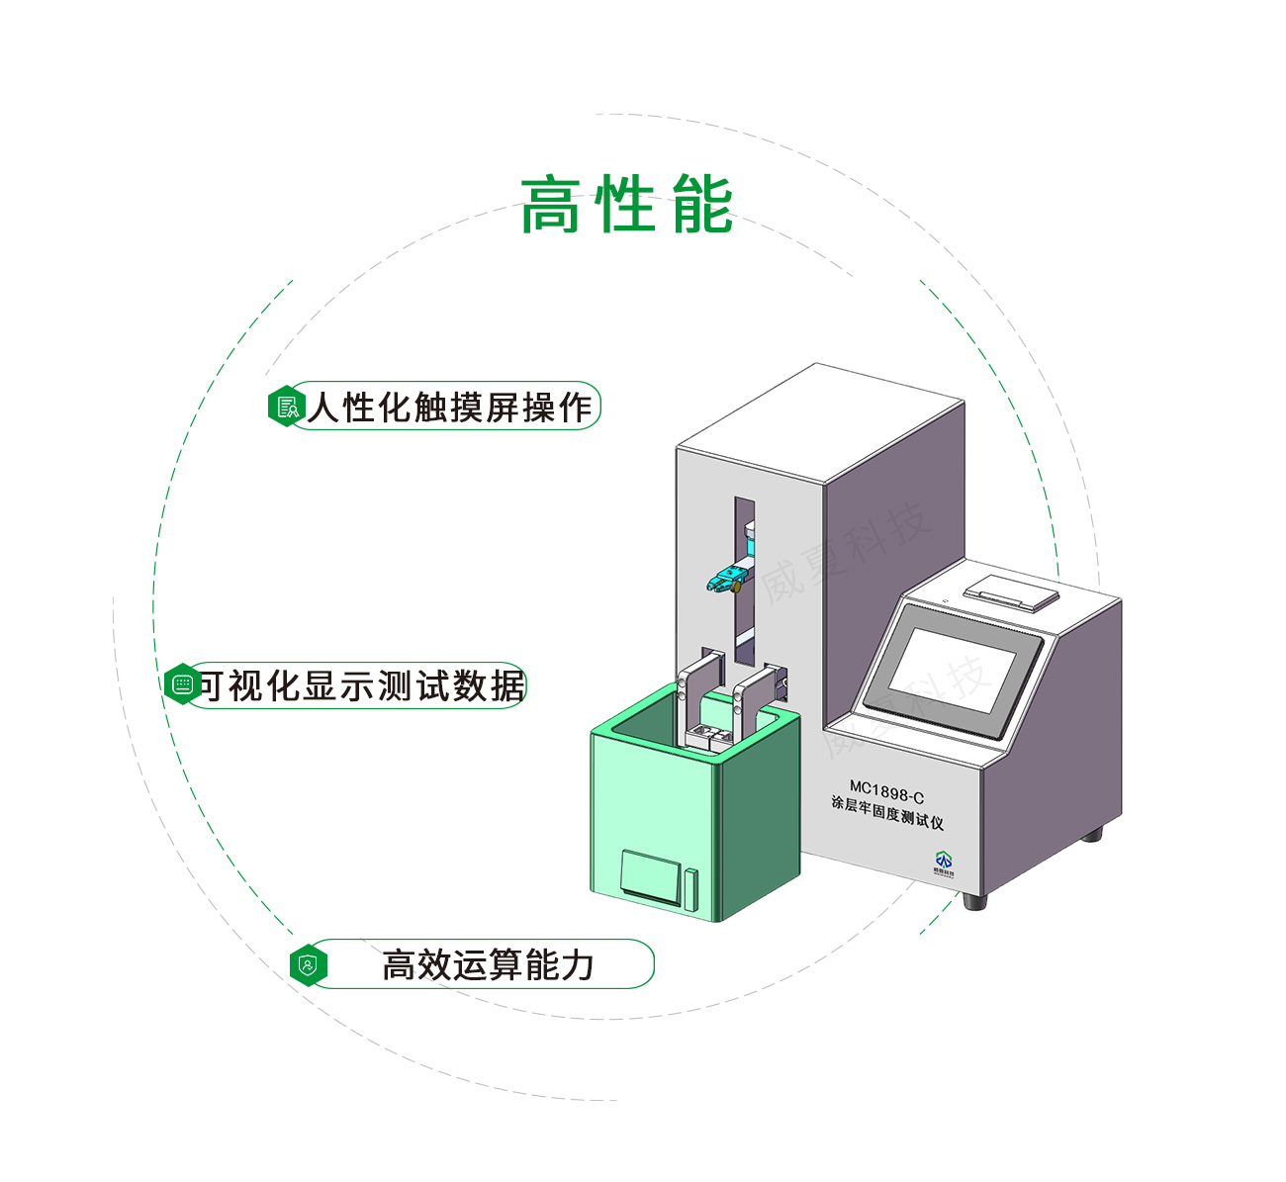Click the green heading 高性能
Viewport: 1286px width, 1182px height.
[627, 206]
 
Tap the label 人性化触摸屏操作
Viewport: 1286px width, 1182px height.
[450, 407]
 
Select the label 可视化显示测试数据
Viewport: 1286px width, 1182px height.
[362, 685]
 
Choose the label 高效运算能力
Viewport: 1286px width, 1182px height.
[488, 964]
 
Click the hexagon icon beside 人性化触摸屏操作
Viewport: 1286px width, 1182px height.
[286, 407]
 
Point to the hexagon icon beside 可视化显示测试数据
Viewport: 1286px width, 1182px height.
[182, 684]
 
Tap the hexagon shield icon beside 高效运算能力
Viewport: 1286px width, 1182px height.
[309, 964]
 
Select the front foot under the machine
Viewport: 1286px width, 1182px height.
[974, 901]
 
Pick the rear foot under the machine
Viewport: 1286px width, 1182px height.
[1092, 834]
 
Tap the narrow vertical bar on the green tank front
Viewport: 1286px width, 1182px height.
[690, 888]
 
